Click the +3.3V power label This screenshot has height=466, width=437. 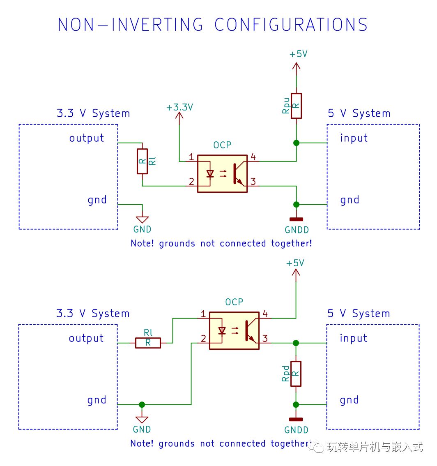180,107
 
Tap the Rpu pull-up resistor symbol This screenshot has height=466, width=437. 296,106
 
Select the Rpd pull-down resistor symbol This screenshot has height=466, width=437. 296,374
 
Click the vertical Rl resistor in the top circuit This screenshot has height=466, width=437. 142,161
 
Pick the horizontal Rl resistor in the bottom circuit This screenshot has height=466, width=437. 148,343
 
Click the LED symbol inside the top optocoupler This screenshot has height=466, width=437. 210,173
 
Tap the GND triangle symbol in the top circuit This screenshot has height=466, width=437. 142,219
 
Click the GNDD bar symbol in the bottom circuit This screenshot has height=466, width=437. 296,419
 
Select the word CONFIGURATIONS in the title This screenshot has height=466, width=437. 291,24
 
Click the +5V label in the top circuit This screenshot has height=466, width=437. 299,54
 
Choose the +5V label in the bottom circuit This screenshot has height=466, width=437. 295,263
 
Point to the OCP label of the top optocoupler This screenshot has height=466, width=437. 222,145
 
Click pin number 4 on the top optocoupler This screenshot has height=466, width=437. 253,157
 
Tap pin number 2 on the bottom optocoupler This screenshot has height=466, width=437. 203,338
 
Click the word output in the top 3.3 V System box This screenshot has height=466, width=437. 86,138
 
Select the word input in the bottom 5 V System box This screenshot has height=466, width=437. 353,338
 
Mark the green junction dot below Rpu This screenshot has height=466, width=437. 296,143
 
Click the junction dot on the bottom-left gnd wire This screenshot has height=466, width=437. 142,404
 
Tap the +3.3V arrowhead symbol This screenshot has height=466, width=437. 179,115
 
